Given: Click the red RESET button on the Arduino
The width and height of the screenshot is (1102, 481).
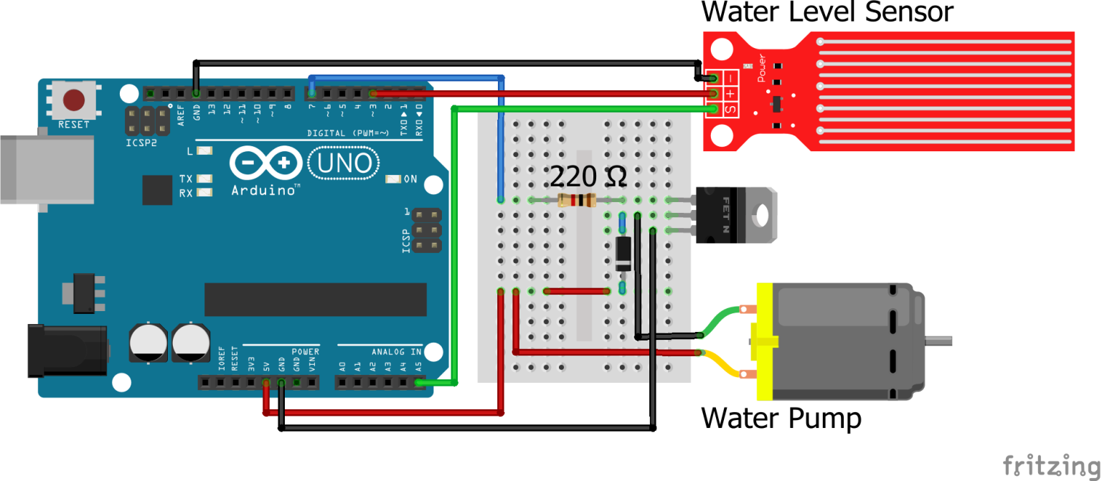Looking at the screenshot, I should [x=74, y=100].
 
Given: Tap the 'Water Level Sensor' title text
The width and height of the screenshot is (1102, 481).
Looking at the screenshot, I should [x=827, y=13].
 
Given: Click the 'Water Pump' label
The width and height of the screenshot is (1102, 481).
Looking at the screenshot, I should [x=781, y=418].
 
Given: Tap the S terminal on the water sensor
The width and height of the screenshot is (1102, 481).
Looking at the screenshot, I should [x=730, y=110].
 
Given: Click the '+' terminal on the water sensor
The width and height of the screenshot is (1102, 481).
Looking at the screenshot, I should [x=730, y=94].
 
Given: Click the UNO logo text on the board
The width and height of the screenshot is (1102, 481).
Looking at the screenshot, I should [x=344, y=164].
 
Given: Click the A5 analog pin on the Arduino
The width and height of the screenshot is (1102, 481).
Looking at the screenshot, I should [x=419, y=383].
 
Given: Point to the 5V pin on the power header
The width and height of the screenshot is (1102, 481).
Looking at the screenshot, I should [x=266, y=383].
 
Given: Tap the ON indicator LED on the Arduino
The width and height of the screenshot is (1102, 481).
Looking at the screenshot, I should [x=392, y=179].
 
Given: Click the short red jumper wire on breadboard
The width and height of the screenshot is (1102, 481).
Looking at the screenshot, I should [x=577, y=291].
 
